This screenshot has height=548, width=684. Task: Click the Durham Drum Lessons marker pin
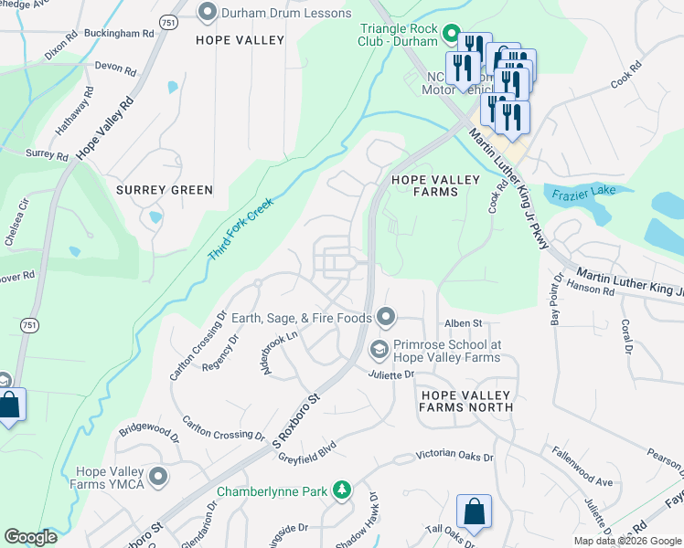point(208,13)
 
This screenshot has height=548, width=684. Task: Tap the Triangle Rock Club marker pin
point(450,36)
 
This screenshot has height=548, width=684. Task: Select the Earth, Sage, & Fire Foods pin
point(386,318)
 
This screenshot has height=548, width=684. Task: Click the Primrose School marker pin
point(377,351)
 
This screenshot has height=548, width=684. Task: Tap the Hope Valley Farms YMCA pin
point(159,477)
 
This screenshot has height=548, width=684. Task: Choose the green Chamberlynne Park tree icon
point(341,491)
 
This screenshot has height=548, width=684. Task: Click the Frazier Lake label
point(589,191)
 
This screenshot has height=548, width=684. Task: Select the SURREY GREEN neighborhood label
point(165,190)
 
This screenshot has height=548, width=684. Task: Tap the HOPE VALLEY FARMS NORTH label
point(465,401)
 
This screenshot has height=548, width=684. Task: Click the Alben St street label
point(463,322)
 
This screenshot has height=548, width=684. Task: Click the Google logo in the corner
point(30,537)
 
